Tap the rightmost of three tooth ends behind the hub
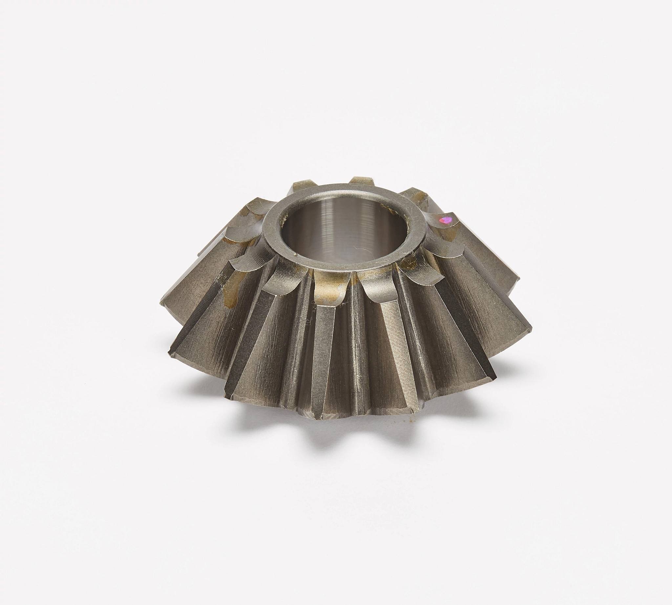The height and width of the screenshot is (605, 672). point(413,194)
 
